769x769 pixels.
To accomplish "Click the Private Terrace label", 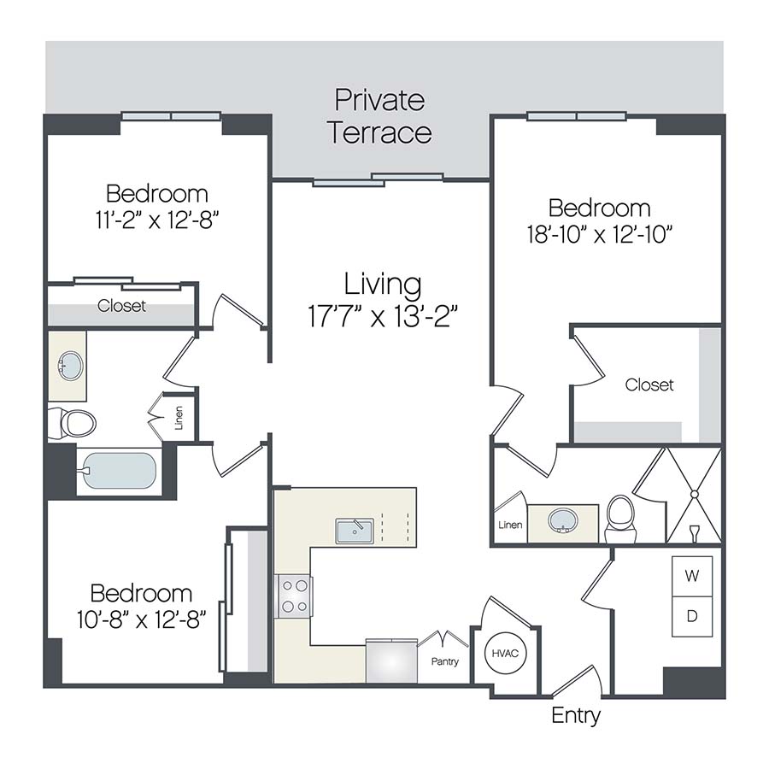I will pos(380,117).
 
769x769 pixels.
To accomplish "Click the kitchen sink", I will pos(351,531).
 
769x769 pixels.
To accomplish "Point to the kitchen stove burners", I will pos(294,596).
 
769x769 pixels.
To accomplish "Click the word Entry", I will pos(575,715).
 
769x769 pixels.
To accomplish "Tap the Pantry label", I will pos(444,661).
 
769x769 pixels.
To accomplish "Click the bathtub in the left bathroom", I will pos(118,471).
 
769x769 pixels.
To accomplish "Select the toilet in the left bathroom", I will pos(72,422).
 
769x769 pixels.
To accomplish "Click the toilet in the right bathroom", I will pos(619,517).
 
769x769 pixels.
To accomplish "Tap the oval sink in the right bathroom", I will pos(562,520).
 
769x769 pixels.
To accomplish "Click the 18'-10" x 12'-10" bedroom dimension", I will pos(599,233).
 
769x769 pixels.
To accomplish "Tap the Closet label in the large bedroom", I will pos(649,385).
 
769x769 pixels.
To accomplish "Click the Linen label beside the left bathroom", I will pos(179,417).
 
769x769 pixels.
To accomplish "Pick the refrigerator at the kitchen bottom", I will pos(391,660).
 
